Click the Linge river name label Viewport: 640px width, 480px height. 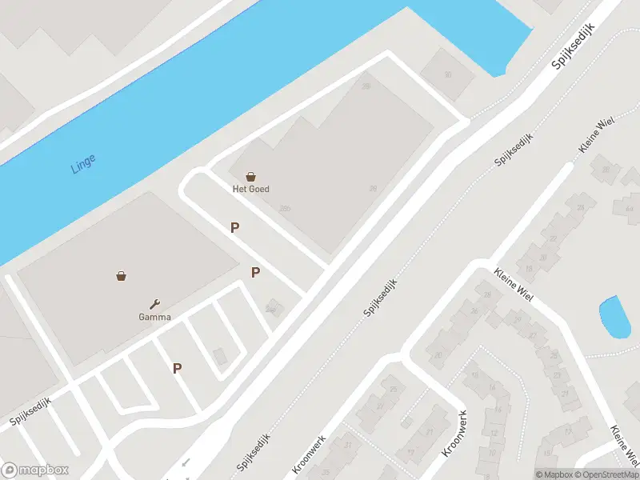[82, 162]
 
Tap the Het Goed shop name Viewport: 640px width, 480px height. [250, 190]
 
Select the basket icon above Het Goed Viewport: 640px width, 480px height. [251, 177]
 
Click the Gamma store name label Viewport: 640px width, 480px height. [154, 316]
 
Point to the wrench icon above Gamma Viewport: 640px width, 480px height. [155, 303]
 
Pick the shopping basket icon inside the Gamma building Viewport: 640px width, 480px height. [121, 276]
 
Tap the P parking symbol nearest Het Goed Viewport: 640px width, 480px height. [235, 228]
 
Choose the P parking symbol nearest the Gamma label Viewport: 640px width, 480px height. [178, 369]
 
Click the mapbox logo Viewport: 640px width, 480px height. [35, 470]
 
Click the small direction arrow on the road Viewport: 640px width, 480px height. [186, 462]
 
